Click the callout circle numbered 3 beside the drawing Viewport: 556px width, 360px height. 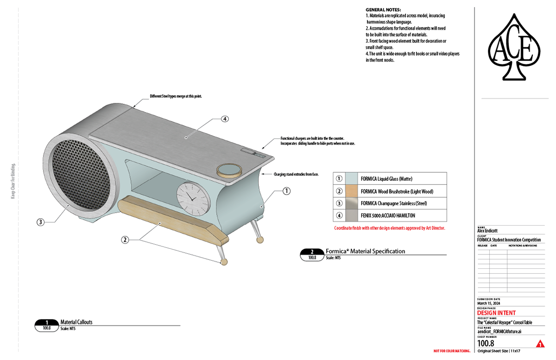coord(41,222)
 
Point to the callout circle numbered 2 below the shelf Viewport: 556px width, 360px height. coord(125,240)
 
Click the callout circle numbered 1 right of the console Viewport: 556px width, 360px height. coord(286,190)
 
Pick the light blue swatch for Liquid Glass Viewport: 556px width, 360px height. coord(353,178)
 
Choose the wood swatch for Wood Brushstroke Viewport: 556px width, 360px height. coord(353,191)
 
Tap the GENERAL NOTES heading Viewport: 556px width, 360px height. coord(383,10)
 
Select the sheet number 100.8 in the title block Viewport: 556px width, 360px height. coord(486,343)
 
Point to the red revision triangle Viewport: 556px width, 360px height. coord(539,344)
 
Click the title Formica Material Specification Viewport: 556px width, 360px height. coord(365,251)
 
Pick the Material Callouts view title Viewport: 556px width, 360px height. coord(76,322)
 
